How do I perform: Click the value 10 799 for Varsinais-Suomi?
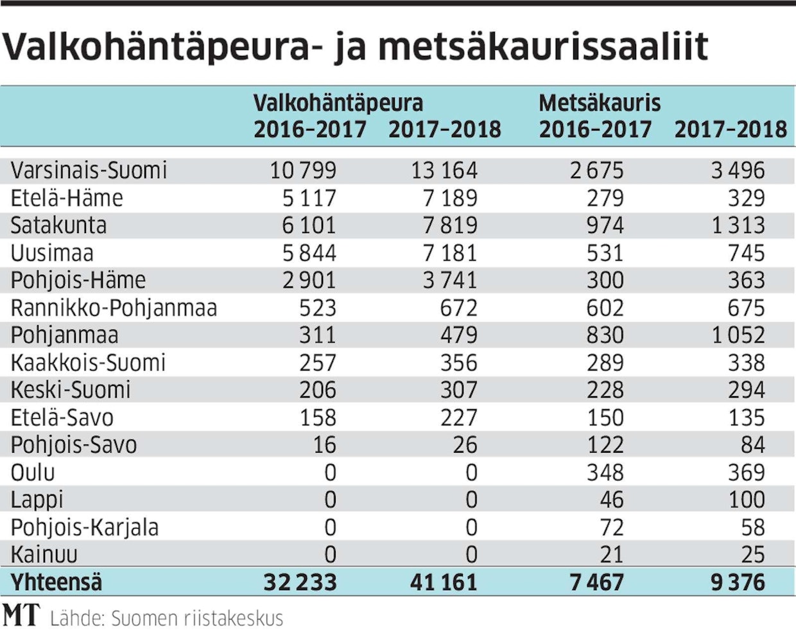point(303,170)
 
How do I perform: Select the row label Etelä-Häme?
point(67,198)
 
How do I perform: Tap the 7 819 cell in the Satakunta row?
point(450,225)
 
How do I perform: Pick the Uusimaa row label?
point(52,253)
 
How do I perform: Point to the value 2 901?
point(309,281)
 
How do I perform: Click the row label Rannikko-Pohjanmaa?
point(114,308)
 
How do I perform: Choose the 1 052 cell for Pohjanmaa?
point(738,335)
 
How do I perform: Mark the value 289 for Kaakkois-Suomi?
point(605,363)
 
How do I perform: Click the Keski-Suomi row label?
point(71,390)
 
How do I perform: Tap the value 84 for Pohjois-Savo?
point(752,445)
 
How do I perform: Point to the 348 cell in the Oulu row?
point(605,473)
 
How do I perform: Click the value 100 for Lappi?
point(747,500)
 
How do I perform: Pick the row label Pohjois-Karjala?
point(84,527)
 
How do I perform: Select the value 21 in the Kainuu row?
point(611,554)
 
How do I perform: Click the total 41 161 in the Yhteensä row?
point(444,582)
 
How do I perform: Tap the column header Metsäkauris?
point(600,103)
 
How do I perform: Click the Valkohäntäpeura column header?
point(338,103)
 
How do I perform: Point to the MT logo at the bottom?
point(21,616)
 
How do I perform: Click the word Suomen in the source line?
point(144,618)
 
